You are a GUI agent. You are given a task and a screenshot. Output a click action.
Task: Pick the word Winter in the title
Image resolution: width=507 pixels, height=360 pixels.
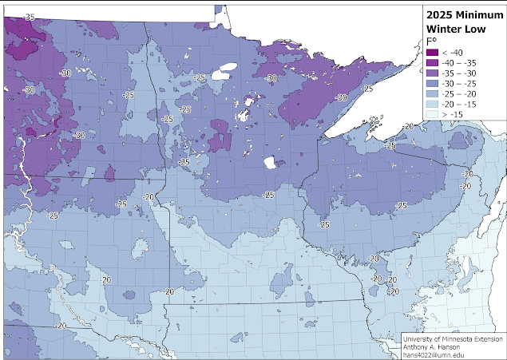click(x=446, y=27)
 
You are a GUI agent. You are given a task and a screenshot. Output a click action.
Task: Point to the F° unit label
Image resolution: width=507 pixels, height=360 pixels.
click(x=431, y=41)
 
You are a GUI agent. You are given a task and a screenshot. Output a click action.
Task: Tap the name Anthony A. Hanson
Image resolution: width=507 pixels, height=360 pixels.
click(x=435, y=346)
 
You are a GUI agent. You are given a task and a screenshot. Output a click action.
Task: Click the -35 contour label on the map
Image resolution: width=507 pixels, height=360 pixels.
click(x=29, y=16)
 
